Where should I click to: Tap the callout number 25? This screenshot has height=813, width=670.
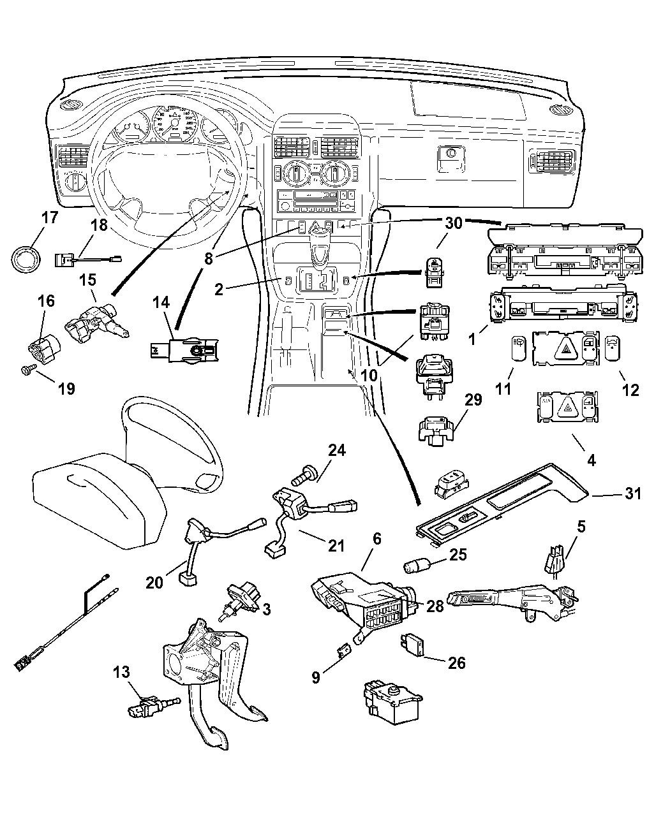[458, 555]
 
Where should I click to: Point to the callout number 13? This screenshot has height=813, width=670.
[121, 671]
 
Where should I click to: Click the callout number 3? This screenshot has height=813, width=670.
[265, 610]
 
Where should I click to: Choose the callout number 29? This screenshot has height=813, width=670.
[473, 400]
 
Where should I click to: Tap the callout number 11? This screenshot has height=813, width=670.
[503, 390]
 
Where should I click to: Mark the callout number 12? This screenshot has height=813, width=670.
[630, 390]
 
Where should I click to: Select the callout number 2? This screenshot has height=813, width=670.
[218, 290]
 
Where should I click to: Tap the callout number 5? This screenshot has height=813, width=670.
[580, 527]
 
